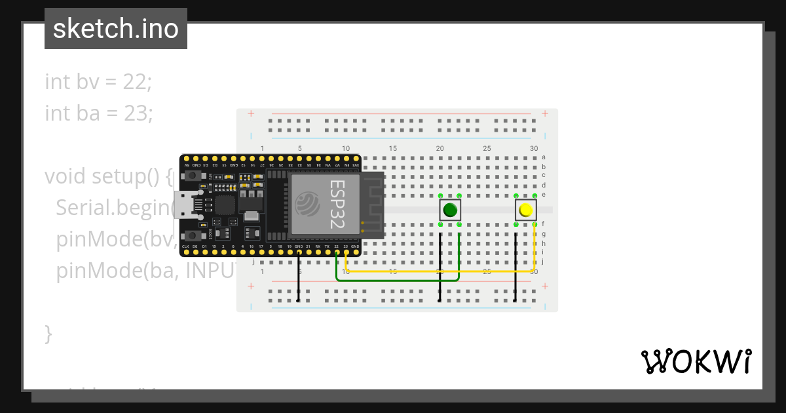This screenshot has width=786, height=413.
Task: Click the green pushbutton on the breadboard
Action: tap(449, 210)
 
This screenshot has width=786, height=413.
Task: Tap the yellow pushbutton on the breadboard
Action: tap(525, 210)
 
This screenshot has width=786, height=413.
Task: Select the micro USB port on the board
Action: tap(183, 205)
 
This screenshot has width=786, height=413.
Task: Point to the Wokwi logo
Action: tap(696, 361)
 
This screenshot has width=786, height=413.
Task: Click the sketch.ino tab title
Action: tap(115, 29)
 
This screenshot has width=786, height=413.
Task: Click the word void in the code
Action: tap(65, 176)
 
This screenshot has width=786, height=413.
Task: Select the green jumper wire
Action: tap(393, 280)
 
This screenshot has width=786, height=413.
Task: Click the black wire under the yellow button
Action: tap(516, 269)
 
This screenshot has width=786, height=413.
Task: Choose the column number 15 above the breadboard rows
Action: tap(393, 149)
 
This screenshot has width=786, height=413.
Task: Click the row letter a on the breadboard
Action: tap(544, 157)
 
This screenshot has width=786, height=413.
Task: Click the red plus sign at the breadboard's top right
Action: tap(545, 113)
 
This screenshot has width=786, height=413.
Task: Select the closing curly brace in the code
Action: tap(48, 333)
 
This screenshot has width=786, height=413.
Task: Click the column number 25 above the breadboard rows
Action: tap(487, 149)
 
